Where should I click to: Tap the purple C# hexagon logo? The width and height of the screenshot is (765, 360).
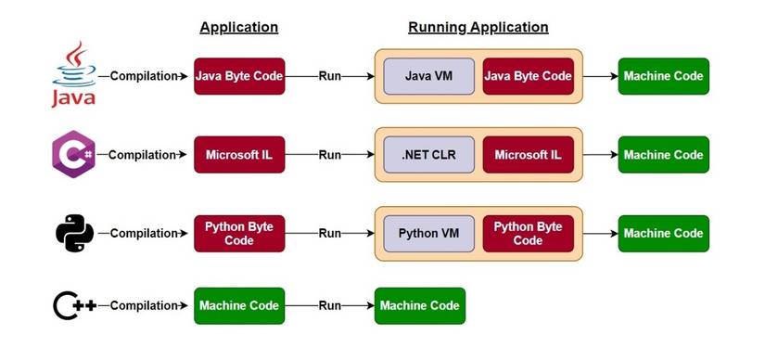click(73, 155)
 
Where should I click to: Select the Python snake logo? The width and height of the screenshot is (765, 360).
click(74, 233)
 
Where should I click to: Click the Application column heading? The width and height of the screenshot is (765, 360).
click(239, 27)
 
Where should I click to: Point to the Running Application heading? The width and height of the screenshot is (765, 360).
click(478, 27)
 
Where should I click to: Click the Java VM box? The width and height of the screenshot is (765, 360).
click(428, 76)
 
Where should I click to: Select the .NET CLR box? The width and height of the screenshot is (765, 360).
click(428, 155)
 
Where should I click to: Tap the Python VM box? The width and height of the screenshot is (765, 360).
click(428, 234)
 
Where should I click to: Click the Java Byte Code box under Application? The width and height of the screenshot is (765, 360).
click(239, 76)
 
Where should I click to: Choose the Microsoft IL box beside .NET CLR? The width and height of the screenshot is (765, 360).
click(528, 155)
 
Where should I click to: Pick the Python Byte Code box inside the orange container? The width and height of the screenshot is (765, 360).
click(528, 234)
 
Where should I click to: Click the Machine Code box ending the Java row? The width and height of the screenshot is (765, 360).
click(663, 76)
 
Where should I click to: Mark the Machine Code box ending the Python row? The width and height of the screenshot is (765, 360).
click(663, 234)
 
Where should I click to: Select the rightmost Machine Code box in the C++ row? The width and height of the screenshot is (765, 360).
click(420, 306)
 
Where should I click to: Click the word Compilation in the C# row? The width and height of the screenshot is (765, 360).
click(142, 155)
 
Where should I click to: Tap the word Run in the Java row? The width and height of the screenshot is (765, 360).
click(330, 76)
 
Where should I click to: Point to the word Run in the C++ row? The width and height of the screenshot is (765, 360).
click(330, 306)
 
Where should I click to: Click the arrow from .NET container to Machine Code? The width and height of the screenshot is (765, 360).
click(600, 155)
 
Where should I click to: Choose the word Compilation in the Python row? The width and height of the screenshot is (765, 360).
click(143, 234)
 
